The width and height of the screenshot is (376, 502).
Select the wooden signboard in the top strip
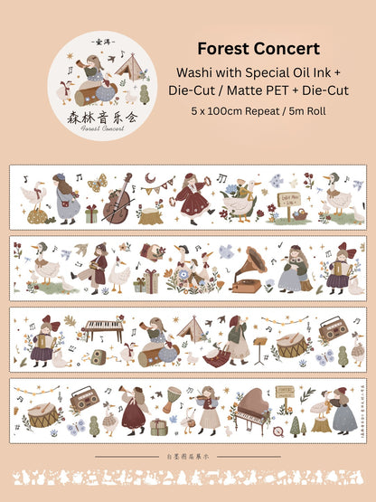[x=297, y=206]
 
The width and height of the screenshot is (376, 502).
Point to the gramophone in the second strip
[x=247, y=270]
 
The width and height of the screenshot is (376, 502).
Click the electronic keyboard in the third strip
[x=102, y=328]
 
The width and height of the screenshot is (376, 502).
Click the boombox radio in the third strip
[x=334, y=328]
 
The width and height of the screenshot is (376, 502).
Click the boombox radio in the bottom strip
[x=85, y=396]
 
